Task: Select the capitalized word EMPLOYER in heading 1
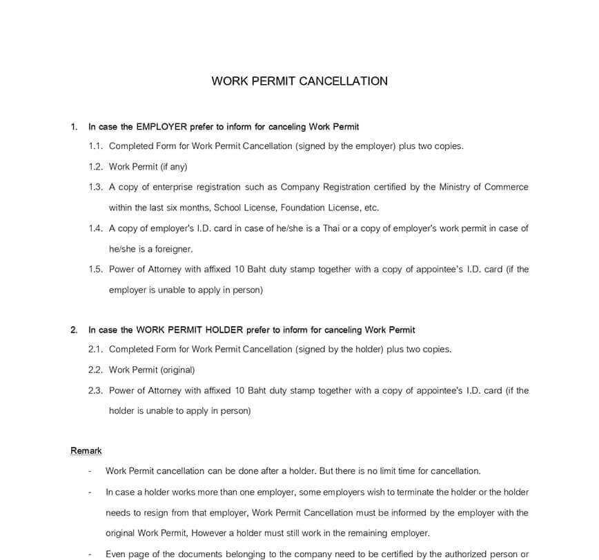tap(161, 127)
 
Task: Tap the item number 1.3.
tap(95, 187)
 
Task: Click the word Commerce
tap(507, 187)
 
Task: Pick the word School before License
tap(227, 208)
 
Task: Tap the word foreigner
tap(170, 249)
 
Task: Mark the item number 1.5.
tap(95, 270)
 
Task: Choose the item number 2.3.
tap(95, 390)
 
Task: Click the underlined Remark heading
tap(86, 451)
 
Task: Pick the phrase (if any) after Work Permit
tap(173, 167)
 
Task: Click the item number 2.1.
tap(95, 350)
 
